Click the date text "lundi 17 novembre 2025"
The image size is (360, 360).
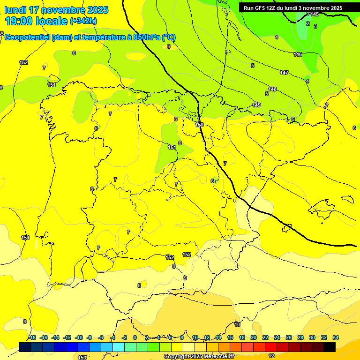pos(56,10)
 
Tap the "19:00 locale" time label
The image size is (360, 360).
pos(36,21)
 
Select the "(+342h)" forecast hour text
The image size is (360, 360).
pos(83,21)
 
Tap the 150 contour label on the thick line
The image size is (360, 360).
pos(200,125)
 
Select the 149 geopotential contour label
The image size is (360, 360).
pos(256,105)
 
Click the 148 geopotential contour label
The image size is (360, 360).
pos(272,89)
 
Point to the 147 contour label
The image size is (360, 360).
pos(284,73)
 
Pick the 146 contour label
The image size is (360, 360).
pos(298,55)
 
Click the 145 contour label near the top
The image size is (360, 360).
pos(315,15)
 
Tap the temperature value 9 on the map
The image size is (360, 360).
pos(185,278)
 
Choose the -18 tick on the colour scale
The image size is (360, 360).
pos(32,337)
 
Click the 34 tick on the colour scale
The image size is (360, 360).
pos(336,337)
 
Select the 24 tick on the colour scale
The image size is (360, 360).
pos(277,337)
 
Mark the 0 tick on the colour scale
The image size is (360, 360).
pos(135,337)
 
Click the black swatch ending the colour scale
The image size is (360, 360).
pos(330,347)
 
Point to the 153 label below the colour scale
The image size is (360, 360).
pos(82,358)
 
